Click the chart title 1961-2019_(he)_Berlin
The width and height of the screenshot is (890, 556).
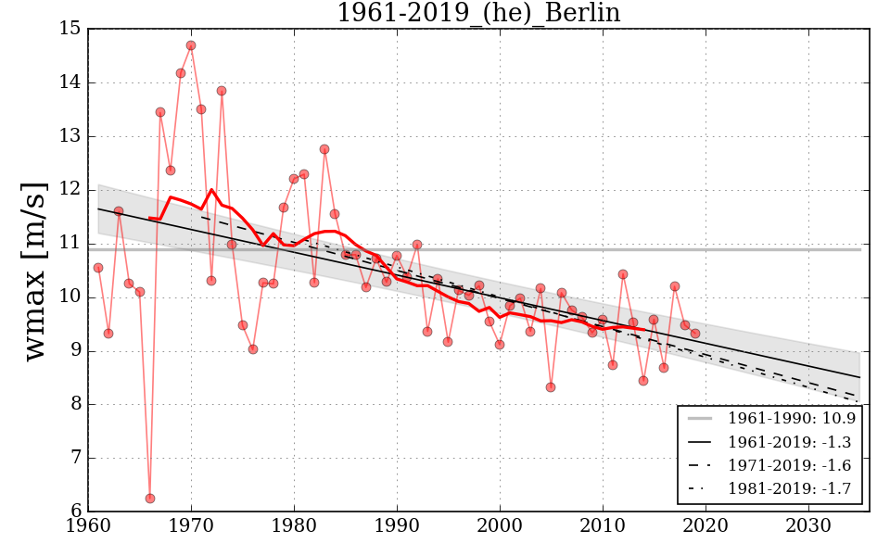click(477, 13)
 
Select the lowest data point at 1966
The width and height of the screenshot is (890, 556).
click(150, 499)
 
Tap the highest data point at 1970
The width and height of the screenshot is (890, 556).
click(191, 45)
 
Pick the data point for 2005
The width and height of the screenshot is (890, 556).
click(551, 387)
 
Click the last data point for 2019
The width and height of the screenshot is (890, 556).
click(695, 334)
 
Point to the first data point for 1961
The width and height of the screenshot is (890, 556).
click(98, 268)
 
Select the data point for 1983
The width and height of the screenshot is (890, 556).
click(324, 149)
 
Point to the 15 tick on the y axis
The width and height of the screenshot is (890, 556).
click(70, 29)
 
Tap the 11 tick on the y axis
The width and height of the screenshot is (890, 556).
click(70, 244)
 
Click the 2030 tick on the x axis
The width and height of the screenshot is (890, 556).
click(808, 525)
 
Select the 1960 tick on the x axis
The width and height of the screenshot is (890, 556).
click(88, 525)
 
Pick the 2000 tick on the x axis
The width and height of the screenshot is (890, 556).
click(500, 525)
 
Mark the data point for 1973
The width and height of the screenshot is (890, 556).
click(222, 91)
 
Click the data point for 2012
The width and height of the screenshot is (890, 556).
click(623, 274)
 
